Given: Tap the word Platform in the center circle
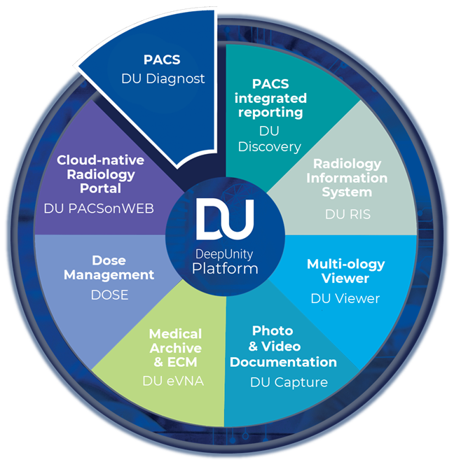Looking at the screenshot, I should point(226,268).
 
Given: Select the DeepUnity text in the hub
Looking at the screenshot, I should point(226,254).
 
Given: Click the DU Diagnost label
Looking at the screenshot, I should point(163,78).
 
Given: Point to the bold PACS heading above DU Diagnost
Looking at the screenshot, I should point(163,60).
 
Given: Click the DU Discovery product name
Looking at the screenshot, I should point(269,139).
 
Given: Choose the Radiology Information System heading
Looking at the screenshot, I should point(347,178).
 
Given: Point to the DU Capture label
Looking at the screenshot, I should point(289,382).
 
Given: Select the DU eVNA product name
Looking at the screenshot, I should point(174,383).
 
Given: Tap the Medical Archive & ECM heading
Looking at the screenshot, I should point(175,347).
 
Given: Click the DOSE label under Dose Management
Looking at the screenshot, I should point(109,295).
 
